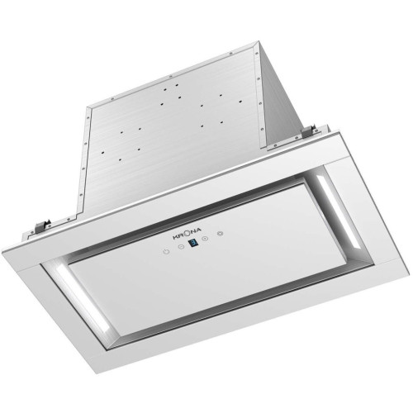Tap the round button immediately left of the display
[x=181, y=247]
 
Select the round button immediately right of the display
[x=205, y=239]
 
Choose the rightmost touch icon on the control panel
[x=220, y=234]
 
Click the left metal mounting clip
[x=43, y=225]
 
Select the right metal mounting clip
[x=310, y=132]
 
